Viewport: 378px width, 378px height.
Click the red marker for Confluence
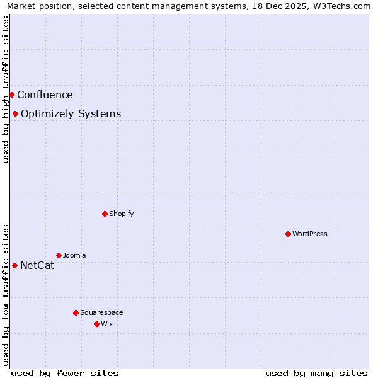click(x=11, y=94)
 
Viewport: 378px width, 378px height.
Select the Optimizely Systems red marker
click(x=15, y=113)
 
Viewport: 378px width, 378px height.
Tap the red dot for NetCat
click(x=14, y=265)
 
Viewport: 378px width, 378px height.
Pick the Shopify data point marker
click(x=105, y=214)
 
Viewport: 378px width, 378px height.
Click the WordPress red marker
click(x=288, y=234)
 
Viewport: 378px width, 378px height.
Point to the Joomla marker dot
click(x=59, y=255)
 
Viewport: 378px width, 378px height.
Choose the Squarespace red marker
click(x=76, y=312)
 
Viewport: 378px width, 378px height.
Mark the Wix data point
click(x=96, y=324)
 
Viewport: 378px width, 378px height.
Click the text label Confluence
click(x=45, y=95)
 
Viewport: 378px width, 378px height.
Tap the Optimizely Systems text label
click(x=71, y=114)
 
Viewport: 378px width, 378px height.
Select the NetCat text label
click(x=37, y=266)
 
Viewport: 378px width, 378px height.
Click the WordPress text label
click(x=309, y=234)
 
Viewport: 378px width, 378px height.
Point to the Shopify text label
click(x=121, y=214)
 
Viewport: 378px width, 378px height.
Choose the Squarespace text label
click(x=101, y=312)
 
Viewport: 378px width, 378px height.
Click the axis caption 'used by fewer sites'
click(x=65, y=373)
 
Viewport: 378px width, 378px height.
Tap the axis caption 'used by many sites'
click(x=316, y=373)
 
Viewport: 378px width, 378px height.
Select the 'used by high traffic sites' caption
click(x=6, y=89)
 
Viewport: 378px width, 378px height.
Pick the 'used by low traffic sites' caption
click(x=6, y=295)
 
